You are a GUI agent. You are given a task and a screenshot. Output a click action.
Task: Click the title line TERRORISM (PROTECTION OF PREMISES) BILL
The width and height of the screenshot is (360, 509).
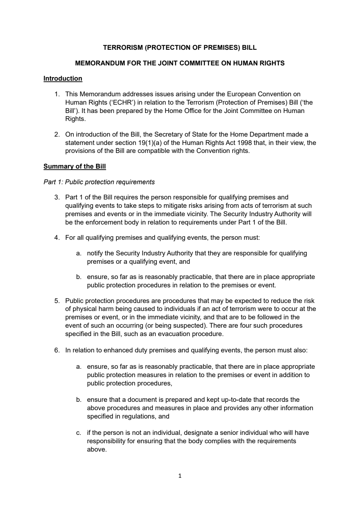click(x=180, y=48)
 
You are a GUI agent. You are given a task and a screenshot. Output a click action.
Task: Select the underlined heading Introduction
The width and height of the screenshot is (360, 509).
click(x=63, y=78)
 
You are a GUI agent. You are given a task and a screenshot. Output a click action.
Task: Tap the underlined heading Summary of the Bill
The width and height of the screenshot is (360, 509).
click(x=74, y=166)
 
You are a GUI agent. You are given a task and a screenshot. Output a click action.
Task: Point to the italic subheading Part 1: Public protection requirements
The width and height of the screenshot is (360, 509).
click(x=99, y=182)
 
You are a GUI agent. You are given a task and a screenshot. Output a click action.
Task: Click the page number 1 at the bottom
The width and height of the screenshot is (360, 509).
click(x=180, y=476)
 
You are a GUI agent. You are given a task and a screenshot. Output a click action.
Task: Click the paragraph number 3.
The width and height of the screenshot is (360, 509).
click(x=57, y=197)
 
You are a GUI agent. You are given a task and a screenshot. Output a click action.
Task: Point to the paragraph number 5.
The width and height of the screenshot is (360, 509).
click(x=57, y=301)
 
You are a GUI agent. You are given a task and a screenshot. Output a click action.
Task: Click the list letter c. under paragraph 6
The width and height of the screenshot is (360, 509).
click(x=78, y=433)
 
